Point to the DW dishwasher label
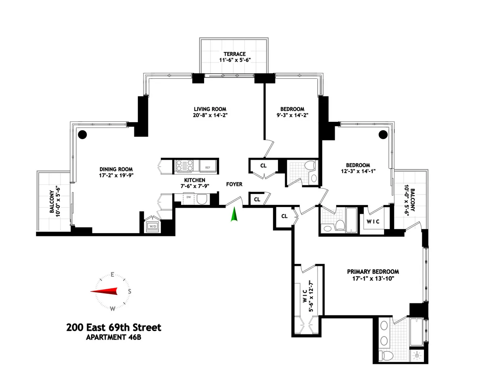click(x=188, y=198)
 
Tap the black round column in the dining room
click(x=82, y=134)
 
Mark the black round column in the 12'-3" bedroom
click(x=383, y=134)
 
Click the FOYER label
click(x=234, y=184)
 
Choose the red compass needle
click(x=104, y=291)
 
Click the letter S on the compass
click(x=129, y=291)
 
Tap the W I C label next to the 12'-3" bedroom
click(x=373, y=221)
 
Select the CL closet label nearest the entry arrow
click(x=257, y=199)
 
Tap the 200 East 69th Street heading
click(x=113, y=327)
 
